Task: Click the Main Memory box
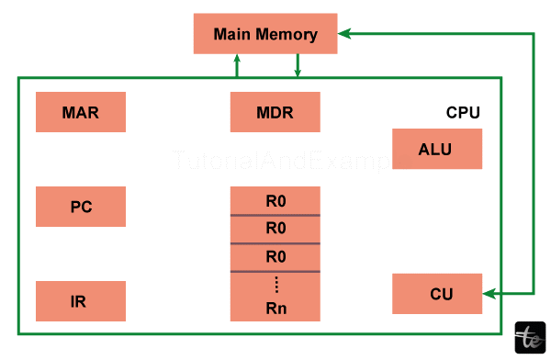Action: click(x=264, y=35)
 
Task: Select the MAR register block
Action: click(x=80, y=113)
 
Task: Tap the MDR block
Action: click(x=275, y=113)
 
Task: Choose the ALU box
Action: click(x=436, y=149)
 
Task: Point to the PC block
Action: click(x=80, y=207)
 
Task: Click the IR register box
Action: click(x=80, y=301)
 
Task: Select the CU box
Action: click(x=436, y=294)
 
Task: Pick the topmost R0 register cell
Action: click(x=275, y=200)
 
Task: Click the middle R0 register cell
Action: click(x=275, y=228)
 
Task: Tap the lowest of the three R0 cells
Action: click(x=275, y=256)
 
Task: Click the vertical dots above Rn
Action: click(x=275, y=286)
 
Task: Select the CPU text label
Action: click(x=463, y=112)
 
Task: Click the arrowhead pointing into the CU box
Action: click(x=489, y=294)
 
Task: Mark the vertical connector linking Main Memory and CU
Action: click(x=534, y=165)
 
